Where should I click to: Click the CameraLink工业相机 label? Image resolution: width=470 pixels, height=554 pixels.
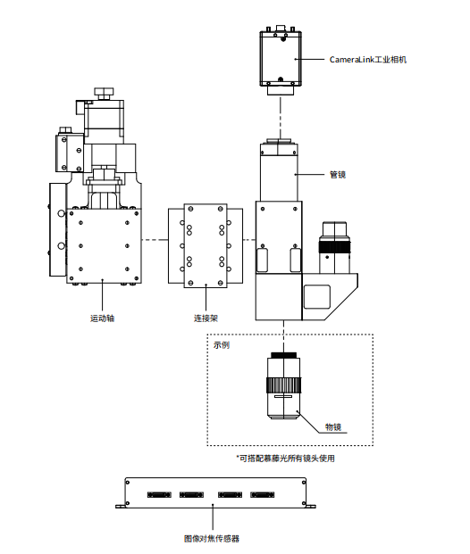[x=368, y=60]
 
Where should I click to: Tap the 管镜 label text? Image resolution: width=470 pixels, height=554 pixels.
[x=337, y=175]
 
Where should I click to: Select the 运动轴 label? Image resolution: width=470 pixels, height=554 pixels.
[x=102, y=318]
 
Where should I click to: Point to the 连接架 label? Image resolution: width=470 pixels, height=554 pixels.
[x=206, y=318]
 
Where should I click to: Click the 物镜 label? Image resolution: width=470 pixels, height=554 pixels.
[x=333, y=426]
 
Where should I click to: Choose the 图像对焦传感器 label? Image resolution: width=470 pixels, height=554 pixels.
[x=212, y=539]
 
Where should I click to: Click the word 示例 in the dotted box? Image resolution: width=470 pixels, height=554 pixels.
[x=222, y=345]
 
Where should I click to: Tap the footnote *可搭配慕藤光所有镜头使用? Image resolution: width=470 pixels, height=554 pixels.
[x=285, y=459]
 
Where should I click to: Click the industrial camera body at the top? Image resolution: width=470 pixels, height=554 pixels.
[x=281, y=58]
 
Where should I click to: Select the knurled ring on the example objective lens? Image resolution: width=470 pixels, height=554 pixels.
[x=283, y=384]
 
